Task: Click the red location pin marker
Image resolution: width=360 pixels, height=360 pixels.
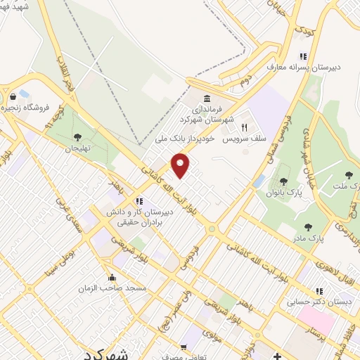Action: click(x=181, y=165)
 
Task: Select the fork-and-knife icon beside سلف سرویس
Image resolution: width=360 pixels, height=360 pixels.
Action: click(x=245, y=128)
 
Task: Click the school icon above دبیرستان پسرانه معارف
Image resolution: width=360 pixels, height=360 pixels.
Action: click(x=303, y=56)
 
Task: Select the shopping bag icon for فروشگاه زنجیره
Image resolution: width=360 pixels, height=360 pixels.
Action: click(x=13, y=97)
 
